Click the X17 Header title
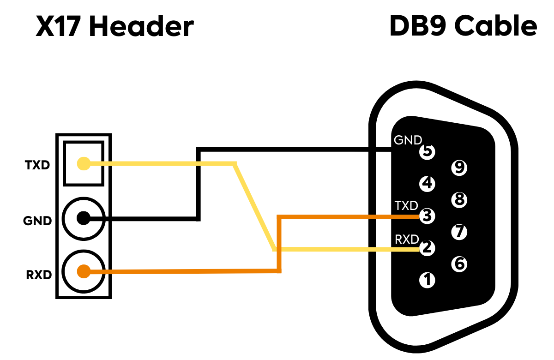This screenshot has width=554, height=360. tap(115, 26)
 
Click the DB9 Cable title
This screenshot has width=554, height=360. tap(463, 26)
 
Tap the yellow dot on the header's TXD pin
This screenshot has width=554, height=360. tap(84, 163)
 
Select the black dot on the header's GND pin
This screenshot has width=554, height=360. tap(84, 218)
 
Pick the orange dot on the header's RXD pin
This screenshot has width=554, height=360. tap(84, 271)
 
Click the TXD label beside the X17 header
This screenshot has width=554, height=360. tap(37, 165)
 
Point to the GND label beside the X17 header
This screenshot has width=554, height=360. tap(37, 221)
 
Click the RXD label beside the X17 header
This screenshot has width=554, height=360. tap(39, 275)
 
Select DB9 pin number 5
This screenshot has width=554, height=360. tap(427, 151)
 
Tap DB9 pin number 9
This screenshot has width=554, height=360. tap(459, 168)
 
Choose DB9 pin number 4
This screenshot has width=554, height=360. tap(427, 184)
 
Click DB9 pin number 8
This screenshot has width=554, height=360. tap(459, 199)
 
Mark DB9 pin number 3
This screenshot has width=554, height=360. tap(427, 216)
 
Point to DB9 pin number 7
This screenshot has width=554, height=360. tap(459, 232)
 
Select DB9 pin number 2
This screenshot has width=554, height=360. tap(427, 248)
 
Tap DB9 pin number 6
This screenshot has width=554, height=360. tap(459, 264)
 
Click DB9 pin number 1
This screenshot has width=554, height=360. tap(427, 280)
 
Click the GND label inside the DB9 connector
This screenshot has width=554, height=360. tap(408, 140)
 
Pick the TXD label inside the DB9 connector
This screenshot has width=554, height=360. tap(406, 205)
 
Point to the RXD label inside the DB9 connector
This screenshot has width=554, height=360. tap(407, 240)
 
